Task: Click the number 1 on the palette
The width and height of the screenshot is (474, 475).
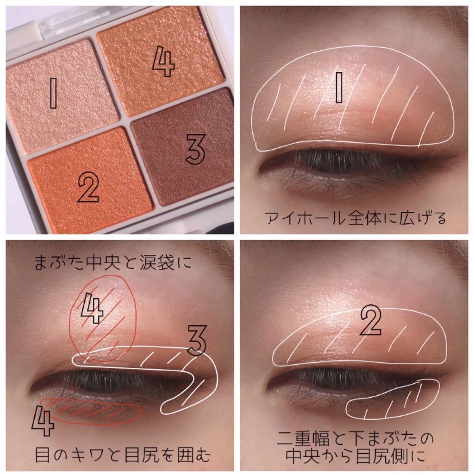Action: point(53,93)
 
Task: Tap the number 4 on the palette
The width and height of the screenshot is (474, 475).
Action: point(164,63)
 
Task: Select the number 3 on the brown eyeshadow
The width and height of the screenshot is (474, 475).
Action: point(195,149)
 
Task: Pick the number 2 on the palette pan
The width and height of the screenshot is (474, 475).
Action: point(88,189)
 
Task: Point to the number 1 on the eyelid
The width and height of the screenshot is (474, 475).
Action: point(339,87)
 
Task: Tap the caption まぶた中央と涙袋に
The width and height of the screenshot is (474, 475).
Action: point(112,262)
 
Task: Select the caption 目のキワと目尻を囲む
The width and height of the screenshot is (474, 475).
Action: point(122,455)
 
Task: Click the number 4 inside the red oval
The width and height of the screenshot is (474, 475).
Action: point(93,308)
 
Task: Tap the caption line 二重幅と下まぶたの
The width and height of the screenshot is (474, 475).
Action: point(355,438)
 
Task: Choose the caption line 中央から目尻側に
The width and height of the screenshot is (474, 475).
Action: point(355,456)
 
